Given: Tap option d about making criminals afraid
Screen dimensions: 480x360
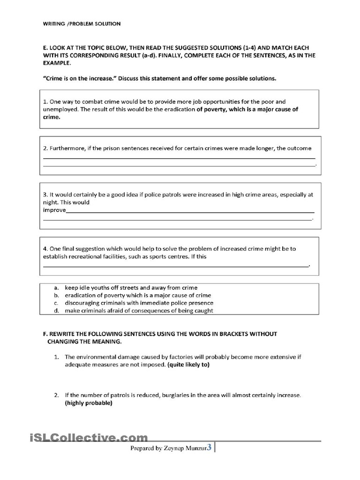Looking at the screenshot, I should (x=139, y=310).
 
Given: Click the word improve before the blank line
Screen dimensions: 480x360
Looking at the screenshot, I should (x=54, y=210).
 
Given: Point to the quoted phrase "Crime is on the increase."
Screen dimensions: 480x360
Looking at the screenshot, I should (x=80, y=78).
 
